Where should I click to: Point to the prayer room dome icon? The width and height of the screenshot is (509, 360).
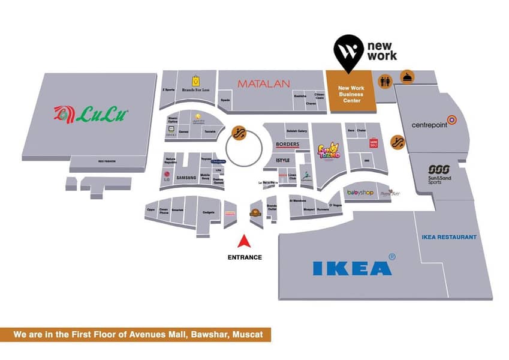[x=406, y=77]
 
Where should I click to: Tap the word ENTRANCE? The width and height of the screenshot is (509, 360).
[x=244, y=257]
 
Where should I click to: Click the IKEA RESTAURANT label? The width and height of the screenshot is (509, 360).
[x=449, y=237]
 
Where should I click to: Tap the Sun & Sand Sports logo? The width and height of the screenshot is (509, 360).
[x=442, y=174]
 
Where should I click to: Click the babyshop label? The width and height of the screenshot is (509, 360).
[x=360, y=193]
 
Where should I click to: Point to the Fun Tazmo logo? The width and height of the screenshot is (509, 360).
[x=329, y=151]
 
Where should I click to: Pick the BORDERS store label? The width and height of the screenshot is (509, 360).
[x=287, y=145]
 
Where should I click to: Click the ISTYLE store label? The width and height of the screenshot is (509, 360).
[x=282, y=160]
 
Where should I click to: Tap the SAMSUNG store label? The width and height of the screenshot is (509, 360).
[x=186, y=177]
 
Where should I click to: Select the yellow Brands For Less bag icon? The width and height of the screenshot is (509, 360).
[x=195, y=80]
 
